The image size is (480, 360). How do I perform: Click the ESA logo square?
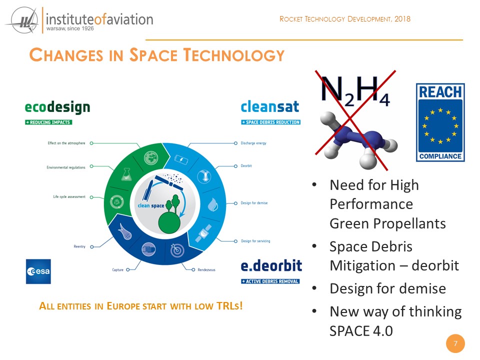[x=38, y=271]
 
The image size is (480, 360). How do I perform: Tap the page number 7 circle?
[x=455, y=343]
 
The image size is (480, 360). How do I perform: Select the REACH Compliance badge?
[x=440, y=122]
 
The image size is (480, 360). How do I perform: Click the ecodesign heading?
[x=57, y=107]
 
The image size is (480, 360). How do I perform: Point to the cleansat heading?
[x=269, y=106]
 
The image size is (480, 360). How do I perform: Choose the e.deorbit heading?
[x=271, y=265]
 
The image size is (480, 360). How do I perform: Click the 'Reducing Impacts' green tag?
[x=48, y=122]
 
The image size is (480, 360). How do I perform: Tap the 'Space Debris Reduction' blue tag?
[x=270, y=122]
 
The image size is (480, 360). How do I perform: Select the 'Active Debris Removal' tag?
[x=270, y=281]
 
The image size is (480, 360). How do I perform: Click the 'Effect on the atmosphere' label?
[x=66, y=143]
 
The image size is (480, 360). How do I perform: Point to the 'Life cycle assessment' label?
[x=69, y=196]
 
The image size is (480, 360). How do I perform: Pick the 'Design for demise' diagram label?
[x=254, y=203]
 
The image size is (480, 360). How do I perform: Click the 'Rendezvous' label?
[x=206, y=269]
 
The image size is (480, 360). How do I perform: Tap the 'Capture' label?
[x=118, y=269]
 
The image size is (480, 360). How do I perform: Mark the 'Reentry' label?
[x=79, y=246]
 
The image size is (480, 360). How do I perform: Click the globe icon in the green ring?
[x=151, y=158]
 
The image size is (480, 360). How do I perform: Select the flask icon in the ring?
[x=126, y=174]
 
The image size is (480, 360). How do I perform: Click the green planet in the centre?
[x=169, y=222]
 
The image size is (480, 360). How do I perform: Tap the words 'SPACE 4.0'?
[x=361, y=331]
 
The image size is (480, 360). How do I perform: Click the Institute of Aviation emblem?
[x=22, y=20]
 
